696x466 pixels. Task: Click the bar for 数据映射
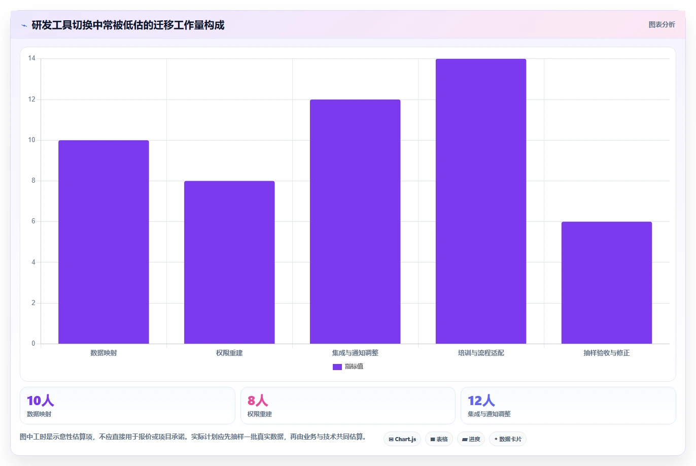pos(103,242)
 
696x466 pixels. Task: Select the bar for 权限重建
pos(229,262)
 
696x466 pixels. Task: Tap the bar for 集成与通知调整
pos(355,222)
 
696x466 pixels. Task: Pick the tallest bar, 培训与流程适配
pos(481,201)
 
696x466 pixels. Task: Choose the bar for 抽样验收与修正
pos(607,283)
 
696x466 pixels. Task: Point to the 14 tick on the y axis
pos(31,58)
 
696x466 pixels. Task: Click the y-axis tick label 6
pos(33,221)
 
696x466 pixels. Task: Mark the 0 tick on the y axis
pos(33,343)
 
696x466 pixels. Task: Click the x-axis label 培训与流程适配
pos(481,353)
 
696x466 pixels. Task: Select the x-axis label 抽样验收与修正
pos(607,353)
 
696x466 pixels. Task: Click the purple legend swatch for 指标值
pos(337,367)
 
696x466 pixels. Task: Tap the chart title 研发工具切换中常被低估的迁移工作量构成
pos(128,25)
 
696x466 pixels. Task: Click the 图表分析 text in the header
pos(662,24)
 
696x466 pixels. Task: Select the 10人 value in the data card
pos(41,401)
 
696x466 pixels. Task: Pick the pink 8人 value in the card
pos(258,401)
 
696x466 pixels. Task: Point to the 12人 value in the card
pos(481,401)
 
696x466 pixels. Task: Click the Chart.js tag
pos(402,439)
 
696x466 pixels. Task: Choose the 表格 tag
pos(439,439)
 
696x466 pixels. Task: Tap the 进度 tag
pos(471,439)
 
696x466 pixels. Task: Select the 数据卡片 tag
pos(508,439)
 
